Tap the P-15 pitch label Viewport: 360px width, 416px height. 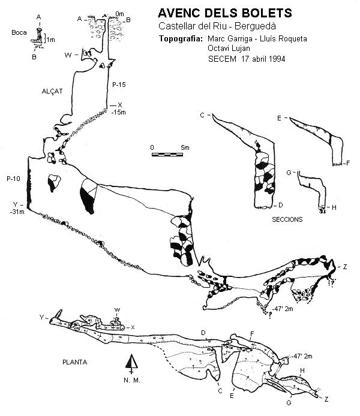click(119, 86)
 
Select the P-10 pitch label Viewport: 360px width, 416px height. click(14, 179)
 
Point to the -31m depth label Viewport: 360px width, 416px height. click(17, 212)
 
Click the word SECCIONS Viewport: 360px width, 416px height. click(287, 219)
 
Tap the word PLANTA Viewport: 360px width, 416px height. click(75, 363)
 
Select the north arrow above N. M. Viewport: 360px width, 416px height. click(131, 363)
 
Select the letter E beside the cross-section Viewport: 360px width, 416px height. click(279, 119)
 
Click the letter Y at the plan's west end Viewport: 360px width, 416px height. click(41, 316)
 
